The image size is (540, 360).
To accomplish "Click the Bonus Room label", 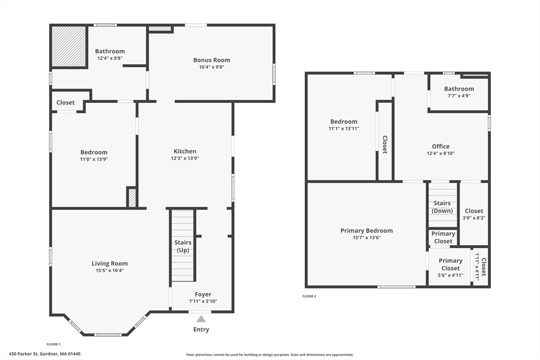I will pos(211,60).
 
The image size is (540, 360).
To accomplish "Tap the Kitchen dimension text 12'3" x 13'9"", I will pos(185,158).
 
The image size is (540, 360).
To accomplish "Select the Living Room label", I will pos(110,264).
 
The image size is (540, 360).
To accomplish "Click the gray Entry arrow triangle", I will pos(201,318).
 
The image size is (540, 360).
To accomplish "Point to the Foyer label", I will pos(203,295).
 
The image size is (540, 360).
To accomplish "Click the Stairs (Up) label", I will pos(183,246).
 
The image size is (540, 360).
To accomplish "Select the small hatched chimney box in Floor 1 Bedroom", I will pos(132,198).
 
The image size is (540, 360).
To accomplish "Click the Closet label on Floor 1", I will pos(65,103).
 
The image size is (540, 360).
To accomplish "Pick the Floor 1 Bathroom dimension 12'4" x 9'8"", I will pos(110,58).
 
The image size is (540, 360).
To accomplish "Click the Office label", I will pos(440,147).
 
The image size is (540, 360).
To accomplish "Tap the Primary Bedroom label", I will pos(367,231).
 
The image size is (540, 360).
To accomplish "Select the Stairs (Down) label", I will pos(442,207).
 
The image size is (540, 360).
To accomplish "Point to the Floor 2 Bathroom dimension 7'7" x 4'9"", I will pos(459,96).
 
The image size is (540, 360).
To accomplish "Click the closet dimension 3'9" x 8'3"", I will pos(474,218).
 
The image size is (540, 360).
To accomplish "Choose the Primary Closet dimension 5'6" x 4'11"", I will pos(450,275).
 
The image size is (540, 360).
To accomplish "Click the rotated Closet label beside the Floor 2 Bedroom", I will pos(385,144).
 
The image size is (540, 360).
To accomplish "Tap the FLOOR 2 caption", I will pos(309,297).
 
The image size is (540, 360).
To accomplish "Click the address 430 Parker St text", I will pos(44,354).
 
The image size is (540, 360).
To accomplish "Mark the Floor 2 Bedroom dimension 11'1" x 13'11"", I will pos(344,129).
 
